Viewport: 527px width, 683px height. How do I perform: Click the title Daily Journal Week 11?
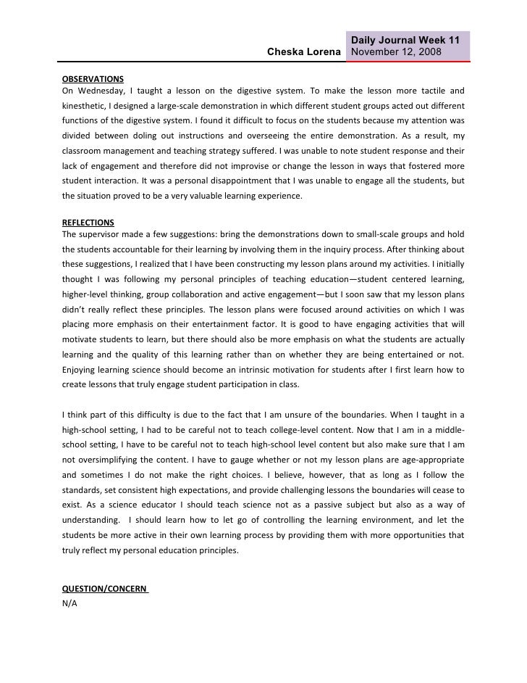(x=407, y=39)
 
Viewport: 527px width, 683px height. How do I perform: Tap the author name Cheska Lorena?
(x=304, y=52)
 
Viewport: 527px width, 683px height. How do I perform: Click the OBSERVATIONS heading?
(x=93, y=78)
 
